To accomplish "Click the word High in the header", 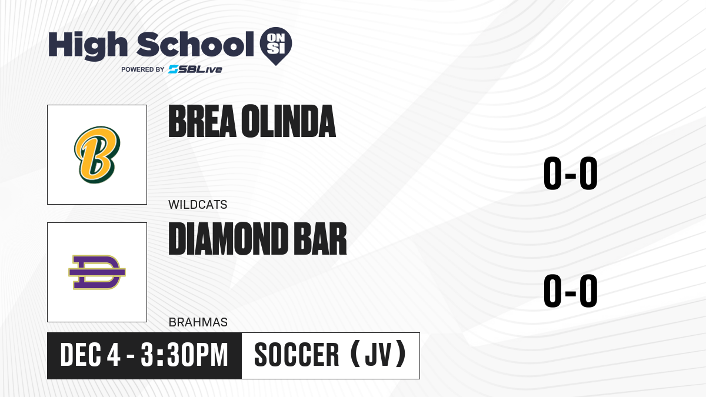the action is (88, 45).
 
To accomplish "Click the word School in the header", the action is (195, 45).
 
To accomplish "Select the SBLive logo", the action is (195, 69).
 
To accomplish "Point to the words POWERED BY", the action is (143, 69).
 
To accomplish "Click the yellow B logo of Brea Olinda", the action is (97, 154).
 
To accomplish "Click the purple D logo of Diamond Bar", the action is (97, 272).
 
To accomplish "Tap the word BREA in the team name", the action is (202, 121).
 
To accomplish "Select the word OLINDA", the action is (288, 121).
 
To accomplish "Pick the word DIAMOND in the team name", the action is (228, 239).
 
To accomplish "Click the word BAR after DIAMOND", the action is (320, 239).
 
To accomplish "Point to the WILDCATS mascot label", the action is (198, 205).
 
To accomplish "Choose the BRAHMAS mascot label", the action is (198, 322).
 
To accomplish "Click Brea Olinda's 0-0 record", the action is (571, 174).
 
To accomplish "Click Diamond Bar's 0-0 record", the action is (571, 291).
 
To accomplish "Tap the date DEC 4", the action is (90, 355).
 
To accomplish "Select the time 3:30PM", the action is (184, 355).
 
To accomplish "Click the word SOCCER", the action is (297, 355).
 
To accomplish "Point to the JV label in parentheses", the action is (378, 355).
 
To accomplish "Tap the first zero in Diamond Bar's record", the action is (552, 291).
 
